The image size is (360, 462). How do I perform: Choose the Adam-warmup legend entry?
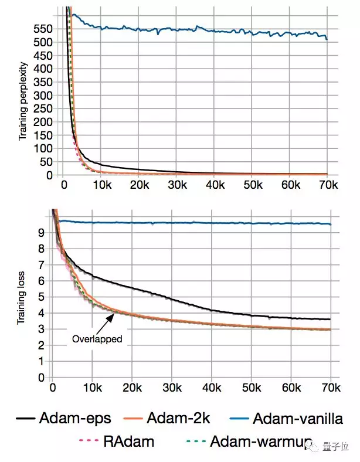(258, 441)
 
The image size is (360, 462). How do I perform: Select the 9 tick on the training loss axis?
(40, 232)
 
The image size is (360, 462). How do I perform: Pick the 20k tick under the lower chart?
(131, 388)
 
